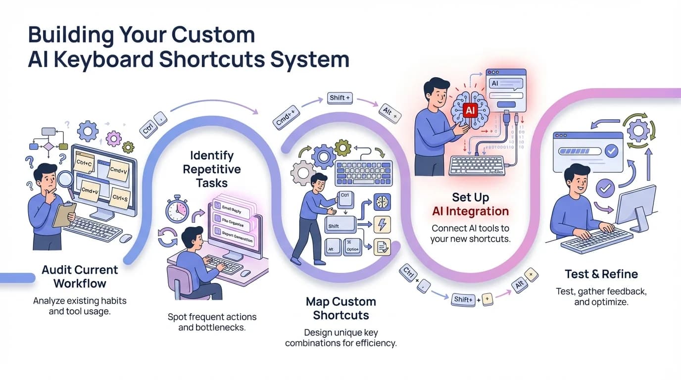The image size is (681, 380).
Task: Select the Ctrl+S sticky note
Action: point(119,197)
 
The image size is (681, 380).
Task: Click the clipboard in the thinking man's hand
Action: point(64,215)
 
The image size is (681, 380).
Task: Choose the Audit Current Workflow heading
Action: point(80,277)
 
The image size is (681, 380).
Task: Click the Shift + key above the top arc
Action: point(340,98)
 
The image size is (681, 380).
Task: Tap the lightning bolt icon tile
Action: point(382,224)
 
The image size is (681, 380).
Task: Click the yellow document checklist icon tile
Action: point(382,246)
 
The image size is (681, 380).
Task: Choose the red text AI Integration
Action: point(470,211)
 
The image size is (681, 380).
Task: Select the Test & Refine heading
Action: point(601,274)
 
